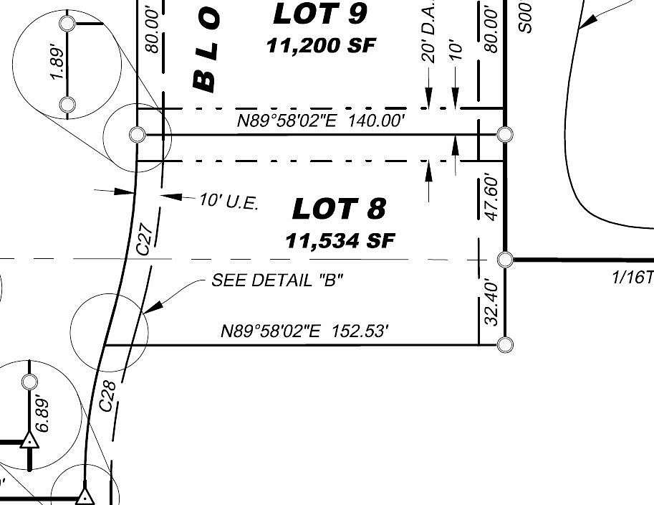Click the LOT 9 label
point(320,13)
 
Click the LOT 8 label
point(339,209)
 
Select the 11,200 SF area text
point(320,45)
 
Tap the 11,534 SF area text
point(340,240)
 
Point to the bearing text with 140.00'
point(322,121)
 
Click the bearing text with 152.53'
point(305,331)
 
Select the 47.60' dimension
point(491,197)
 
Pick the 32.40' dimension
point(491,302)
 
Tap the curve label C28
point(107,396)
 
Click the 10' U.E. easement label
point(229,202)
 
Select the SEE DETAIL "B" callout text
point(276,280)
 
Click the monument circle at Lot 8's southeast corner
point(505,345)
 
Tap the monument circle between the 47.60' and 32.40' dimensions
point(505,259)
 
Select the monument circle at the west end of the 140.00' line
point(137,134)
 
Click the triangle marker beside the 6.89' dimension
point(29,440)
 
